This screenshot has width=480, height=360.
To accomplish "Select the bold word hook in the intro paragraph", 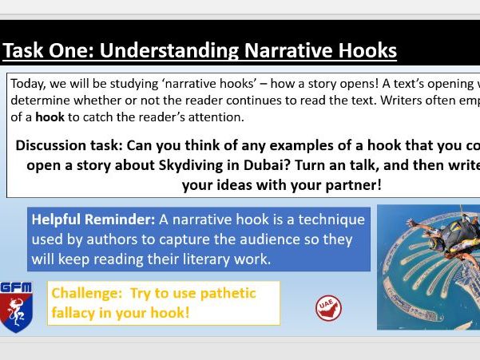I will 50,117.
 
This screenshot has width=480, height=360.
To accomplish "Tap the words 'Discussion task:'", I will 67,145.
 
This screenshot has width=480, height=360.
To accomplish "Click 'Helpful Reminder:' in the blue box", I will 92,220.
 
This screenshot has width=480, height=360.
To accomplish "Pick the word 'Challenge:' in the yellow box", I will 86,293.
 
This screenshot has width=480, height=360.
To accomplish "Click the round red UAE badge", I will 327,308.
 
